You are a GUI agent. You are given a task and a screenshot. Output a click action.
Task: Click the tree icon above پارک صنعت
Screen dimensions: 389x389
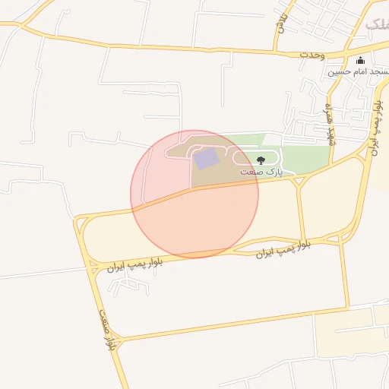[261, 160]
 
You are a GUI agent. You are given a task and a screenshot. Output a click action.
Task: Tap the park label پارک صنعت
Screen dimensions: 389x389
[261, 172]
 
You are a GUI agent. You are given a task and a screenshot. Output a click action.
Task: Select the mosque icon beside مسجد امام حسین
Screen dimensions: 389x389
[359, 62]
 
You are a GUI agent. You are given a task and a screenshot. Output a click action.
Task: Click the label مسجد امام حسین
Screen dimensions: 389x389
[359, 72]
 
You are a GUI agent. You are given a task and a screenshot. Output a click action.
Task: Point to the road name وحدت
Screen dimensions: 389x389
[312, 55]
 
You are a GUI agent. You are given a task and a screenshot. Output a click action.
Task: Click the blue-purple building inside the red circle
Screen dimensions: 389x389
[206, 159]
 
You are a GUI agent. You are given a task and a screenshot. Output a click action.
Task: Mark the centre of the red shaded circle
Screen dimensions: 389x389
[194, 194]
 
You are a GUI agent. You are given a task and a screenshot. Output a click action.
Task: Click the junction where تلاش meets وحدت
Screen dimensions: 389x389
[279, 52]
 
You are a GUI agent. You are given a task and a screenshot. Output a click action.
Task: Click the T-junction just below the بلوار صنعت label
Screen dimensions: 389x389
[119, 340]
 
